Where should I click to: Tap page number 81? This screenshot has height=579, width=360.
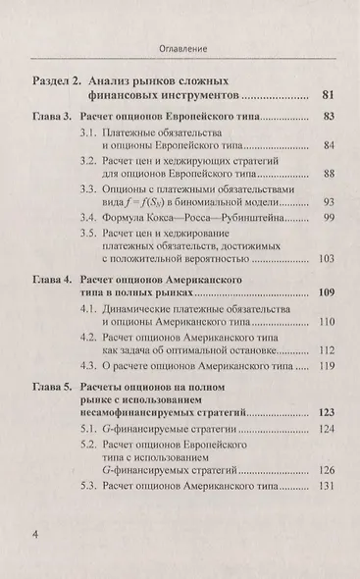pyautogui.click(x=330, y=96)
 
